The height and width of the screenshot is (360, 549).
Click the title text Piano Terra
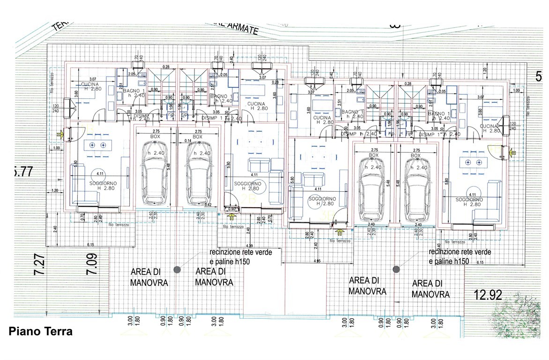40,332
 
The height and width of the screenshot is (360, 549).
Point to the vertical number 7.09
92,264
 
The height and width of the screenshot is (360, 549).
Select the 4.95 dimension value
317,261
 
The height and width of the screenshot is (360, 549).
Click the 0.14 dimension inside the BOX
187,141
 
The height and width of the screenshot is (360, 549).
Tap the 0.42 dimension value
208,205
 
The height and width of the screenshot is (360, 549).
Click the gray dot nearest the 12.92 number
396,269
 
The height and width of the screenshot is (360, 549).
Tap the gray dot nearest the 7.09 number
177,269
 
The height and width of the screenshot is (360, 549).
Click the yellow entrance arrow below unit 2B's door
232,216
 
